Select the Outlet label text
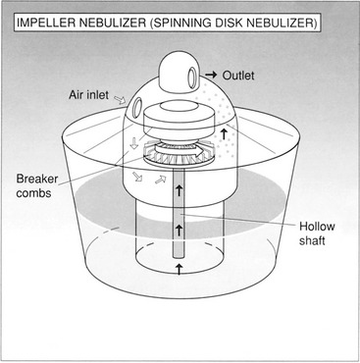click(238, 76)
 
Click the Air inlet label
click(88, 95)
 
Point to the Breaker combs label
click(37, 185)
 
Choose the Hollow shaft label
click(317, 233)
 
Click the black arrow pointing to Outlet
click(211, 75)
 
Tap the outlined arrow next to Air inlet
click(120, 99)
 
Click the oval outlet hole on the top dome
click(192, 77)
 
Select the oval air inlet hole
click(137, 107)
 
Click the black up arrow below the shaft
click(179, 270)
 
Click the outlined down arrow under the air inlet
click(133, 143)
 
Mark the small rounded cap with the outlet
click(177, 72)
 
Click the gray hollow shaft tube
click(179, 214)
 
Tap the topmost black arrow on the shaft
click(179, 190)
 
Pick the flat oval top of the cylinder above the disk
click(179, 110)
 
